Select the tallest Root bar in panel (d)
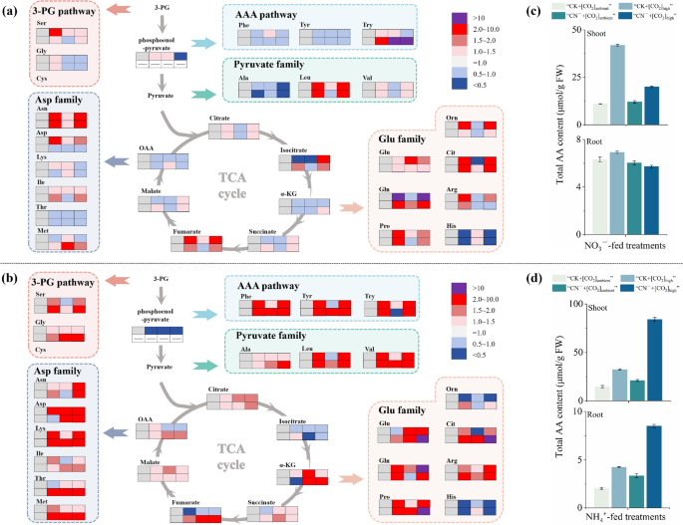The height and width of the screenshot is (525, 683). pyautogui.click(x=654, y=457)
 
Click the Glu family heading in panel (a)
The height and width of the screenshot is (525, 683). pyautogui.click(x=403, y=138)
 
